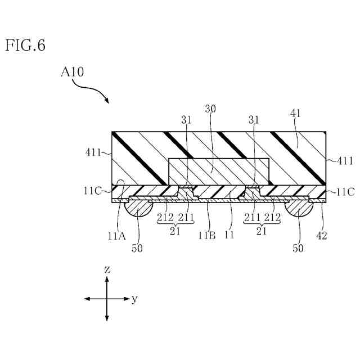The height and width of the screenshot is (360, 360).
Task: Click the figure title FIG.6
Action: [25, 46]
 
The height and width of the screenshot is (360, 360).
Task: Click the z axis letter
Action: [107, 269]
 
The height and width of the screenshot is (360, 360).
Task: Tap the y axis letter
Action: [134, 299]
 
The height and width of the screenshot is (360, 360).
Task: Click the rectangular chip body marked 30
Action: [219, 171]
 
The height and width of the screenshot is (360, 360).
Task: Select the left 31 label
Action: [187, 120]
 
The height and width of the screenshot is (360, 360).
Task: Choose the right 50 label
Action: [298, 248]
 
